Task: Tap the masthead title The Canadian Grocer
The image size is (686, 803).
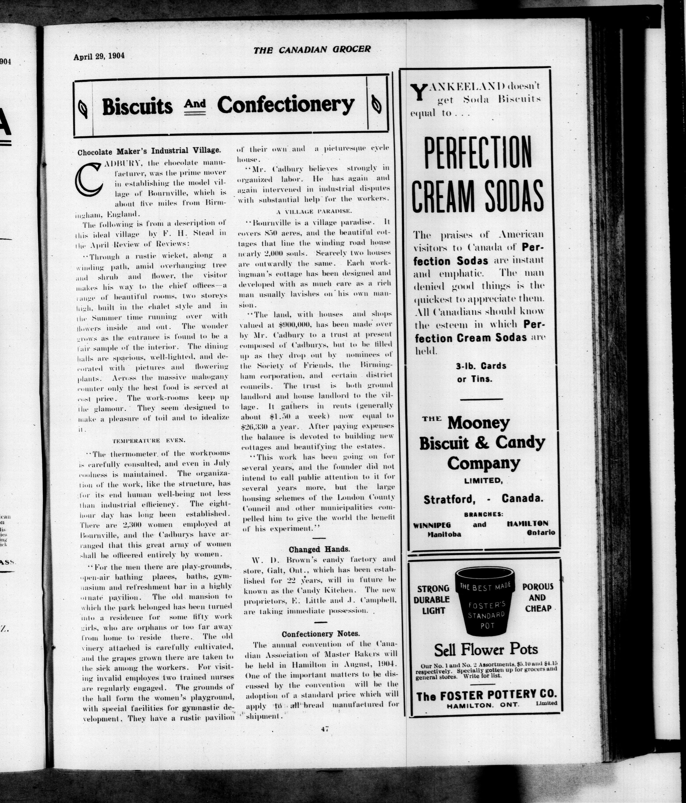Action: (x=312, y=49)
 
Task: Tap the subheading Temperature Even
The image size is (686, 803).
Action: (x=149, y=441)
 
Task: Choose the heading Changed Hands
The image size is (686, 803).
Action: (x=319, y=549)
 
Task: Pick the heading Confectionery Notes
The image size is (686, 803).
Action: (x=320, y=634)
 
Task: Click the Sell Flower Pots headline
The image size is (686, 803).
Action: (x=486, y=649)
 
